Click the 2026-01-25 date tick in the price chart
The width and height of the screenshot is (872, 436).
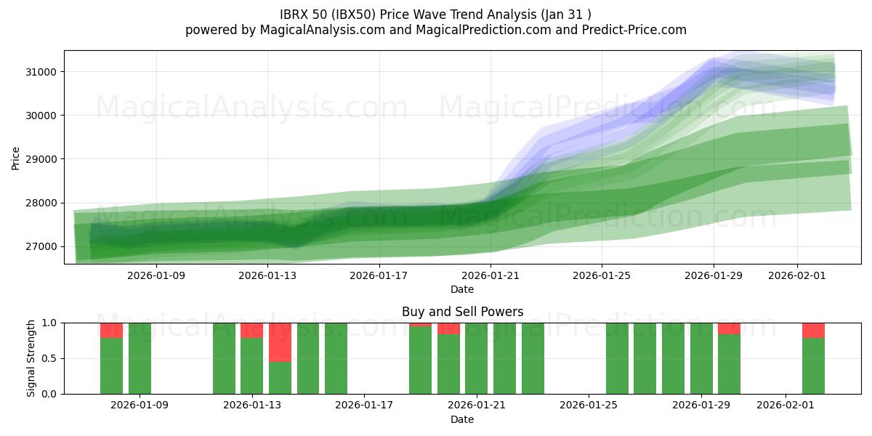coord(602,275)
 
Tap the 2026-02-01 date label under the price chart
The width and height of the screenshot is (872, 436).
coord(797,275)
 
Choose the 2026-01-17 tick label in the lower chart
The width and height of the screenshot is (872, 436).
coord(363,405)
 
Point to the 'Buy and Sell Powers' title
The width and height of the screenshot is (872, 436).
coord(462,312)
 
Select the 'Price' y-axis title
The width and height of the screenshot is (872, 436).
coord(16,158)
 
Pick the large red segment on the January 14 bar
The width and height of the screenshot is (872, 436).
coord(280,342)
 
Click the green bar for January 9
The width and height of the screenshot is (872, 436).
coord(140,358)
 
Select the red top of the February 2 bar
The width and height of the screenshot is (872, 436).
coord(813,330)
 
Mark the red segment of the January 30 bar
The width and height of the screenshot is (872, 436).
coord(729,328)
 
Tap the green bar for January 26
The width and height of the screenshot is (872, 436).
coord(617,358)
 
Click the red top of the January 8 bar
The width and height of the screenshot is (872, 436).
coord(111,330)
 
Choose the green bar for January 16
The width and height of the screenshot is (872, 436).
coord(336,358)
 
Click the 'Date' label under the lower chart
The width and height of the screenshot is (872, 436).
coord(462,419)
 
